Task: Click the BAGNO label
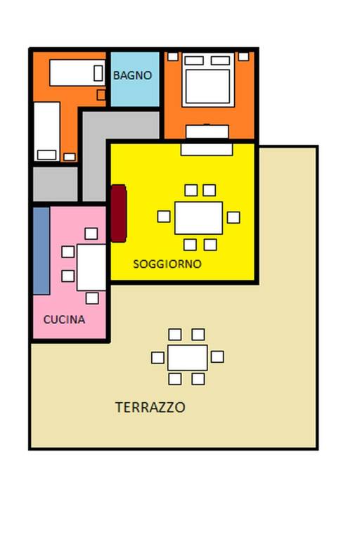tap(133, 75)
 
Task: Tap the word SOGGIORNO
tap(167, 264)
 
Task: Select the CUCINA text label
tap(64, 319)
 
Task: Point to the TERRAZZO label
tap(150, 407)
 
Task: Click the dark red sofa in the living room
tap(118, 213)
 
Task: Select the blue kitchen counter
tap(41, 250)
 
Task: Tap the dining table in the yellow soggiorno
tap(198, 217)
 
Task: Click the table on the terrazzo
tap(187, 357)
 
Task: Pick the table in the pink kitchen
tap(91, 266)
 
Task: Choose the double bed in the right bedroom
tap(206, 80)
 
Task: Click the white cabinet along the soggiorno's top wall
tap(207, 148)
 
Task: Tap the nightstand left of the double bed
tap(172, 56)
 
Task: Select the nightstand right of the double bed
tap(243, 56)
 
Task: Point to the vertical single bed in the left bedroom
tap(47, 131)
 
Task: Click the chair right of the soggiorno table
tap(233, 217)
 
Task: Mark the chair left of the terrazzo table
tap(157, 358)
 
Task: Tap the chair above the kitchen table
tap(91, 233)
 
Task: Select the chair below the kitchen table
tap(92, 298)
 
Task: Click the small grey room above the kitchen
tap(55, 184)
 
